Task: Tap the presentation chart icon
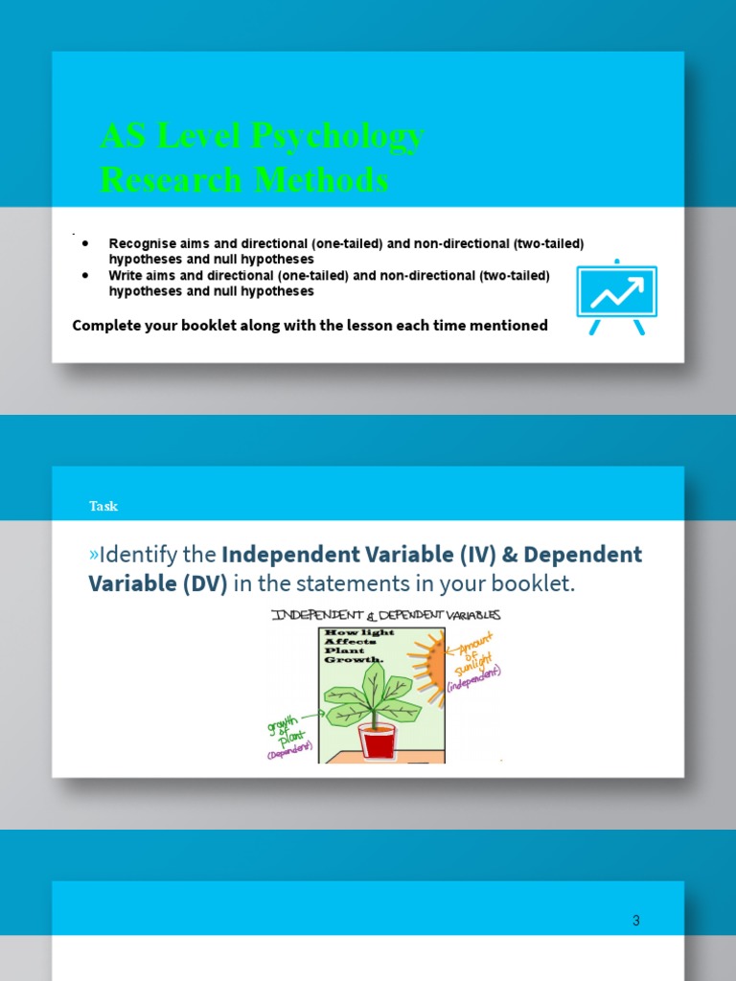click(x=616, y=296)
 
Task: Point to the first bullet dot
click(x=86, y=244)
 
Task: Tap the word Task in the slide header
click(x=103, y=506)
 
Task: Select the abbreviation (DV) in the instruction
click(x=196, y=583)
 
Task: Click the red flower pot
click(x=377, y=740)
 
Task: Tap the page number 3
click(x=635, y=921)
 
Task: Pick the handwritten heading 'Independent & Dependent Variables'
click(x=386, y=615)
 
